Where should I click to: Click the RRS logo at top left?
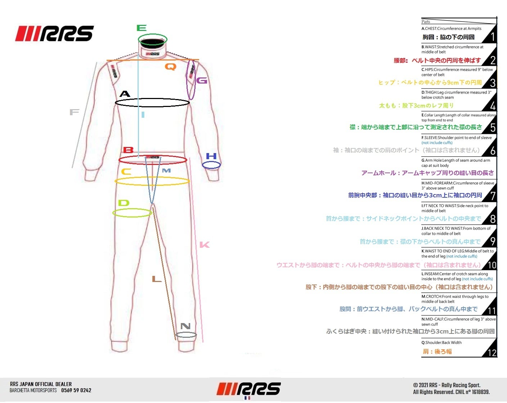(54, 33)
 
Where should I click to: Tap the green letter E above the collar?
(142, 28)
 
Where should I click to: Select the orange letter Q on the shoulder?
(170, 67)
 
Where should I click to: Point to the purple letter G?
(202, 80)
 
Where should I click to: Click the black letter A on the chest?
(125, 94)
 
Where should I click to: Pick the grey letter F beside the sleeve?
(74, 112)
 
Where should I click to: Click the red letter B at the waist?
(128, 150)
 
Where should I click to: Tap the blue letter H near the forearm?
(211, 156)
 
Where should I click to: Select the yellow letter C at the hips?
(126, 171)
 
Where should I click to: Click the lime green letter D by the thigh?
(124, 203)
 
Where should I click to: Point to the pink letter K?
(205, 245)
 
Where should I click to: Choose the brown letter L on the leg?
(156, 279)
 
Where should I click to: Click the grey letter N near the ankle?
(185, 326)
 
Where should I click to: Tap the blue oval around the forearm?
(211, 165)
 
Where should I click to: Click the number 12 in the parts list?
(492, 353)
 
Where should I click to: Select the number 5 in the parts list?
(493, 127)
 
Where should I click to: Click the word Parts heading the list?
(426, 22)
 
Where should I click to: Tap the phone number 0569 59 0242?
(76, 390)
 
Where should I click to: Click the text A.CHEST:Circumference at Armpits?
(452, 28)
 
